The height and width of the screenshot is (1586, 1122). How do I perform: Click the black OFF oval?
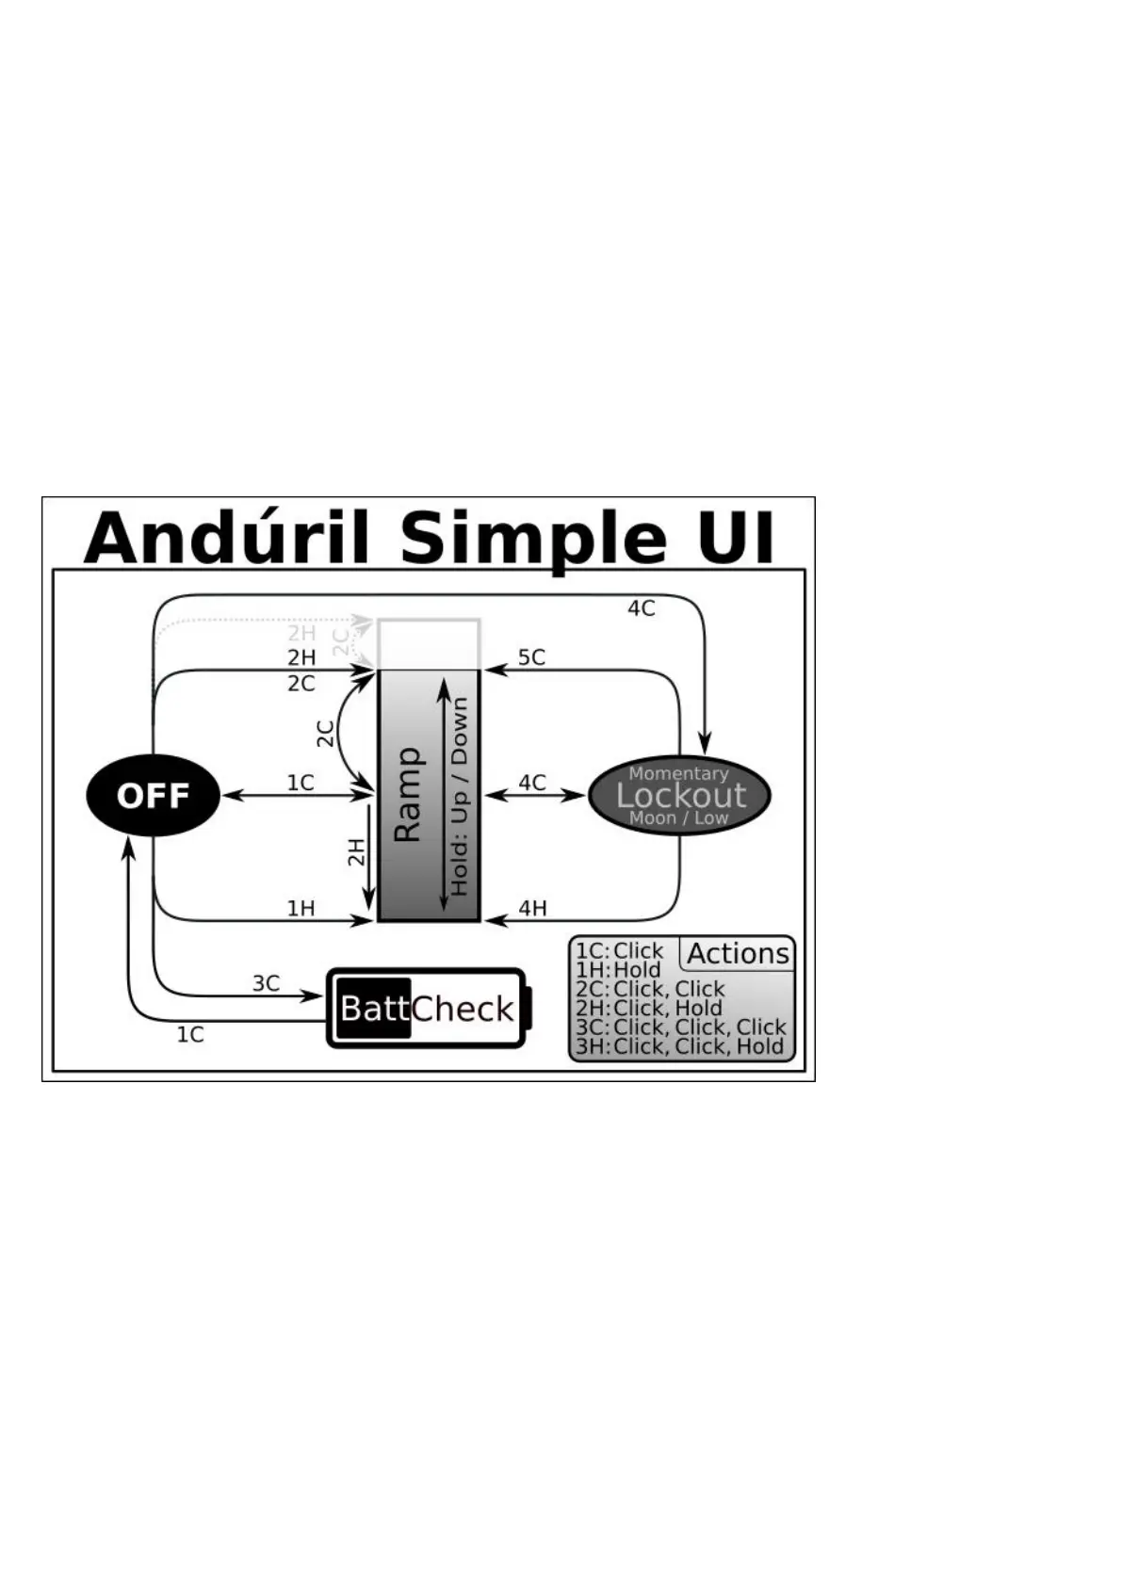(x=153, y=796)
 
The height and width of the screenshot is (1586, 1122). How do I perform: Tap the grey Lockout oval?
(x=680, y=796)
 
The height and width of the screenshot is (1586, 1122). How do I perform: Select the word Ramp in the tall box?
(x=407, y=796)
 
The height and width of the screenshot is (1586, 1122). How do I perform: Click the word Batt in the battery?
(x=374, y=1009)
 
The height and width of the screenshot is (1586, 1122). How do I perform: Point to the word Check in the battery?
(x=463, y=1009)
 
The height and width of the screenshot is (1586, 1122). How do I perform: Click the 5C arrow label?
(x=531, y=657)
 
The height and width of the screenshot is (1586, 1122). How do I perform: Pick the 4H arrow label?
(x=532, y=908)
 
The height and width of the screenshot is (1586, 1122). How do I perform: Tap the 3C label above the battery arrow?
(x=266, y=983)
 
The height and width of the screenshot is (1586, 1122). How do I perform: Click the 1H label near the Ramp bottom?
(x=301, y=908)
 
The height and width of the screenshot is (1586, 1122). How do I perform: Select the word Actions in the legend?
(x=738, y=953)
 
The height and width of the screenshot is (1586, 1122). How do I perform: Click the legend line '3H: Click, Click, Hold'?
(x=679, y=1046)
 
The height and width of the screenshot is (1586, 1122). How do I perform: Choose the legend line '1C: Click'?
(x=620, y=950)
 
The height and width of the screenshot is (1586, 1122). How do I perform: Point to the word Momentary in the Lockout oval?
(x=678, y=773)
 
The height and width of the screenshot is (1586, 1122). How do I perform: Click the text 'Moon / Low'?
(x=678, y=817)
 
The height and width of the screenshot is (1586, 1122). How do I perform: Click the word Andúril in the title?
(x=225, y=538)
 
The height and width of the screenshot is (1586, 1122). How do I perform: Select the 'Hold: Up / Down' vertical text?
(x=460, y=796)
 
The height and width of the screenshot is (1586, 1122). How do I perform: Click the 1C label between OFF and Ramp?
(x=301, y=783)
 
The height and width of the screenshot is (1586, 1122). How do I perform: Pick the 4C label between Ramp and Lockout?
(x=532, y=783)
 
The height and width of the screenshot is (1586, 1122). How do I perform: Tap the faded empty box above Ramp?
(x=429, y=643)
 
